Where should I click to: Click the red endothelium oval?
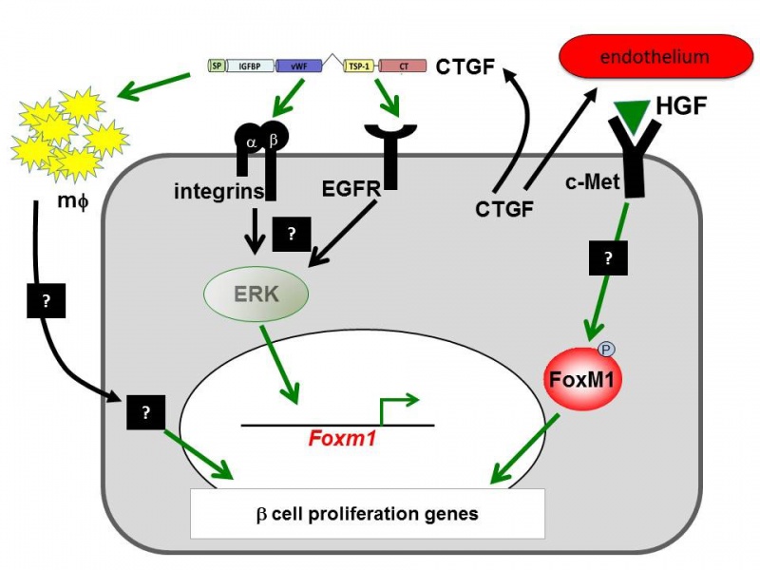pos(655,58)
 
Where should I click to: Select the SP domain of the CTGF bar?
pos(218,66)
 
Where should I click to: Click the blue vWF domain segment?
pos(299,66)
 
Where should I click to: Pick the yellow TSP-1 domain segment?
pos(359,66)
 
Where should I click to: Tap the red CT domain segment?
pos(403,66)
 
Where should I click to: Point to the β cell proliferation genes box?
pos(368,514)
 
